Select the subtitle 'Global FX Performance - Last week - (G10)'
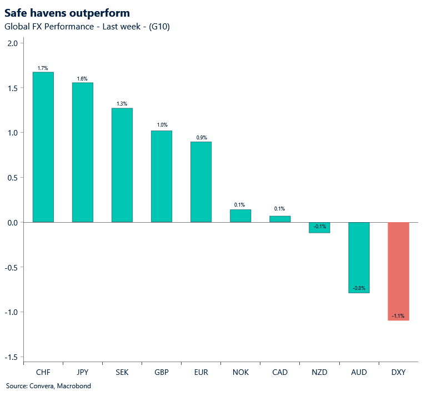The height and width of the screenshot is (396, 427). coord(87,27)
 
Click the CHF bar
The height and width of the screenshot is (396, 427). coord(43,147)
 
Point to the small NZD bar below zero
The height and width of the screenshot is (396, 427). coord(319,228)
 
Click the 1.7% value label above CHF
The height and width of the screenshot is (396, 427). coord(43,68)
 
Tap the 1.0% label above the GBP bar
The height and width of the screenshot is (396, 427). coord(162,126)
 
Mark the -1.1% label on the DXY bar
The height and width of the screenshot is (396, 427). coord(398,316)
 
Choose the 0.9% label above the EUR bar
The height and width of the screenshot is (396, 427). coord(201,137)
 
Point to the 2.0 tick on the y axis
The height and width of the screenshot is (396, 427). coord(12,43)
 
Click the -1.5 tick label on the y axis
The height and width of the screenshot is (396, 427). coord(11,357)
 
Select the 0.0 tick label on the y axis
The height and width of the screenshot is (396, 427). coord(12,222)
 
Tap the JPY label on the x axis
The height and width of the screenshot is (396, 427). coord(82,372)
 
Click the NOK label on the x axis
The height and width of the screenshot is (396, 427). coord(240,372)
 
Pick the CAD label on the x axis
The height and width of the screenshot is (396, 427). coord(280,372)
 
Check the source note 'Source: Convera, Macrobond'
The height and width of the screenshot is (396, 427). coord(48,386)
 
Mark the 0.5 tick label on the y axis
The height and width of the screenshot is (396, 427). coord(12,178)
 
